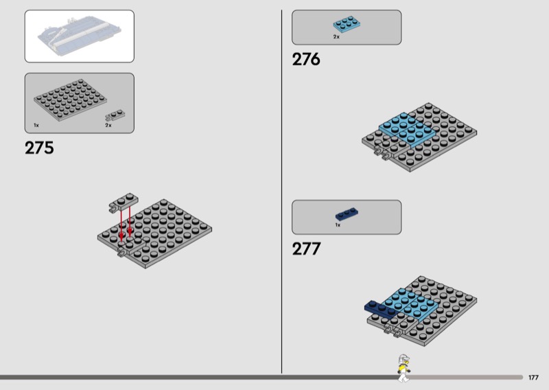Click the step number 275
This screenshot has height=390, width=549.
[x=39, y=148]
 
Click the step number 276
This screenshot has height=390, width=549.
[x=306, y=59]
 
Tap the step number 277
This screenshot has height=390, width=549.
[x=306, y=249]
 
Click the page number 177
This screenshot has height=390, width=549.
[x=533, y=378]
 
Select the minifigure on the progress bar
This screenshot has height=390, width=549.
[x=404, y=368]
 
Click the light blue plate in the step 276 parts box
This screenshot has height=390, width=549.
[x=347, y=24]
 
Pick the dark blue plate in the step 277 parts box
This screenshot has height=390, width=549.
[x=347, y=214]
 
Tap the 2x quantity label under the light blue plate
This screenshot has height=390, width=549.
[x=336, y=37]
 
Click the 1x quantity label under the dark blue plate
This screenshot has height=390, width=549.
[x=338, y=225]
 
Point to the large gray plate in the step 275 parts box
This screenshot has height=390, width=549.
[x=70, y=100]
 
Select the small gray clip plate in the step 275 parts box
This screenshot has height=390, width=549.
[x=115, y=115]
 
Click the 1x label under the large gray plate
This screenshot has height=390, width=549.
[x=36, y=125]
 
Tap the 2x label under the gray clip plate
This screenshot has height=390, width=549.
[x=108, y=125]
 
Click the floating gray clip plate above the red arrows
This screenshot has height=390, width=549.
[x=124, y=203]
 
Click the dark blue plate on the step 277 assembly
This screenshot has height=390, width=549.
[x=380, y=309]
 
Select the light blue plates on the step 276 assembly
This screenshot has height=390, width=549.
[x=408, y=129]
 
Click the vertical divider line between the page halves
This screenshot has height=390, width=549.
[x=281, y=192]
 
